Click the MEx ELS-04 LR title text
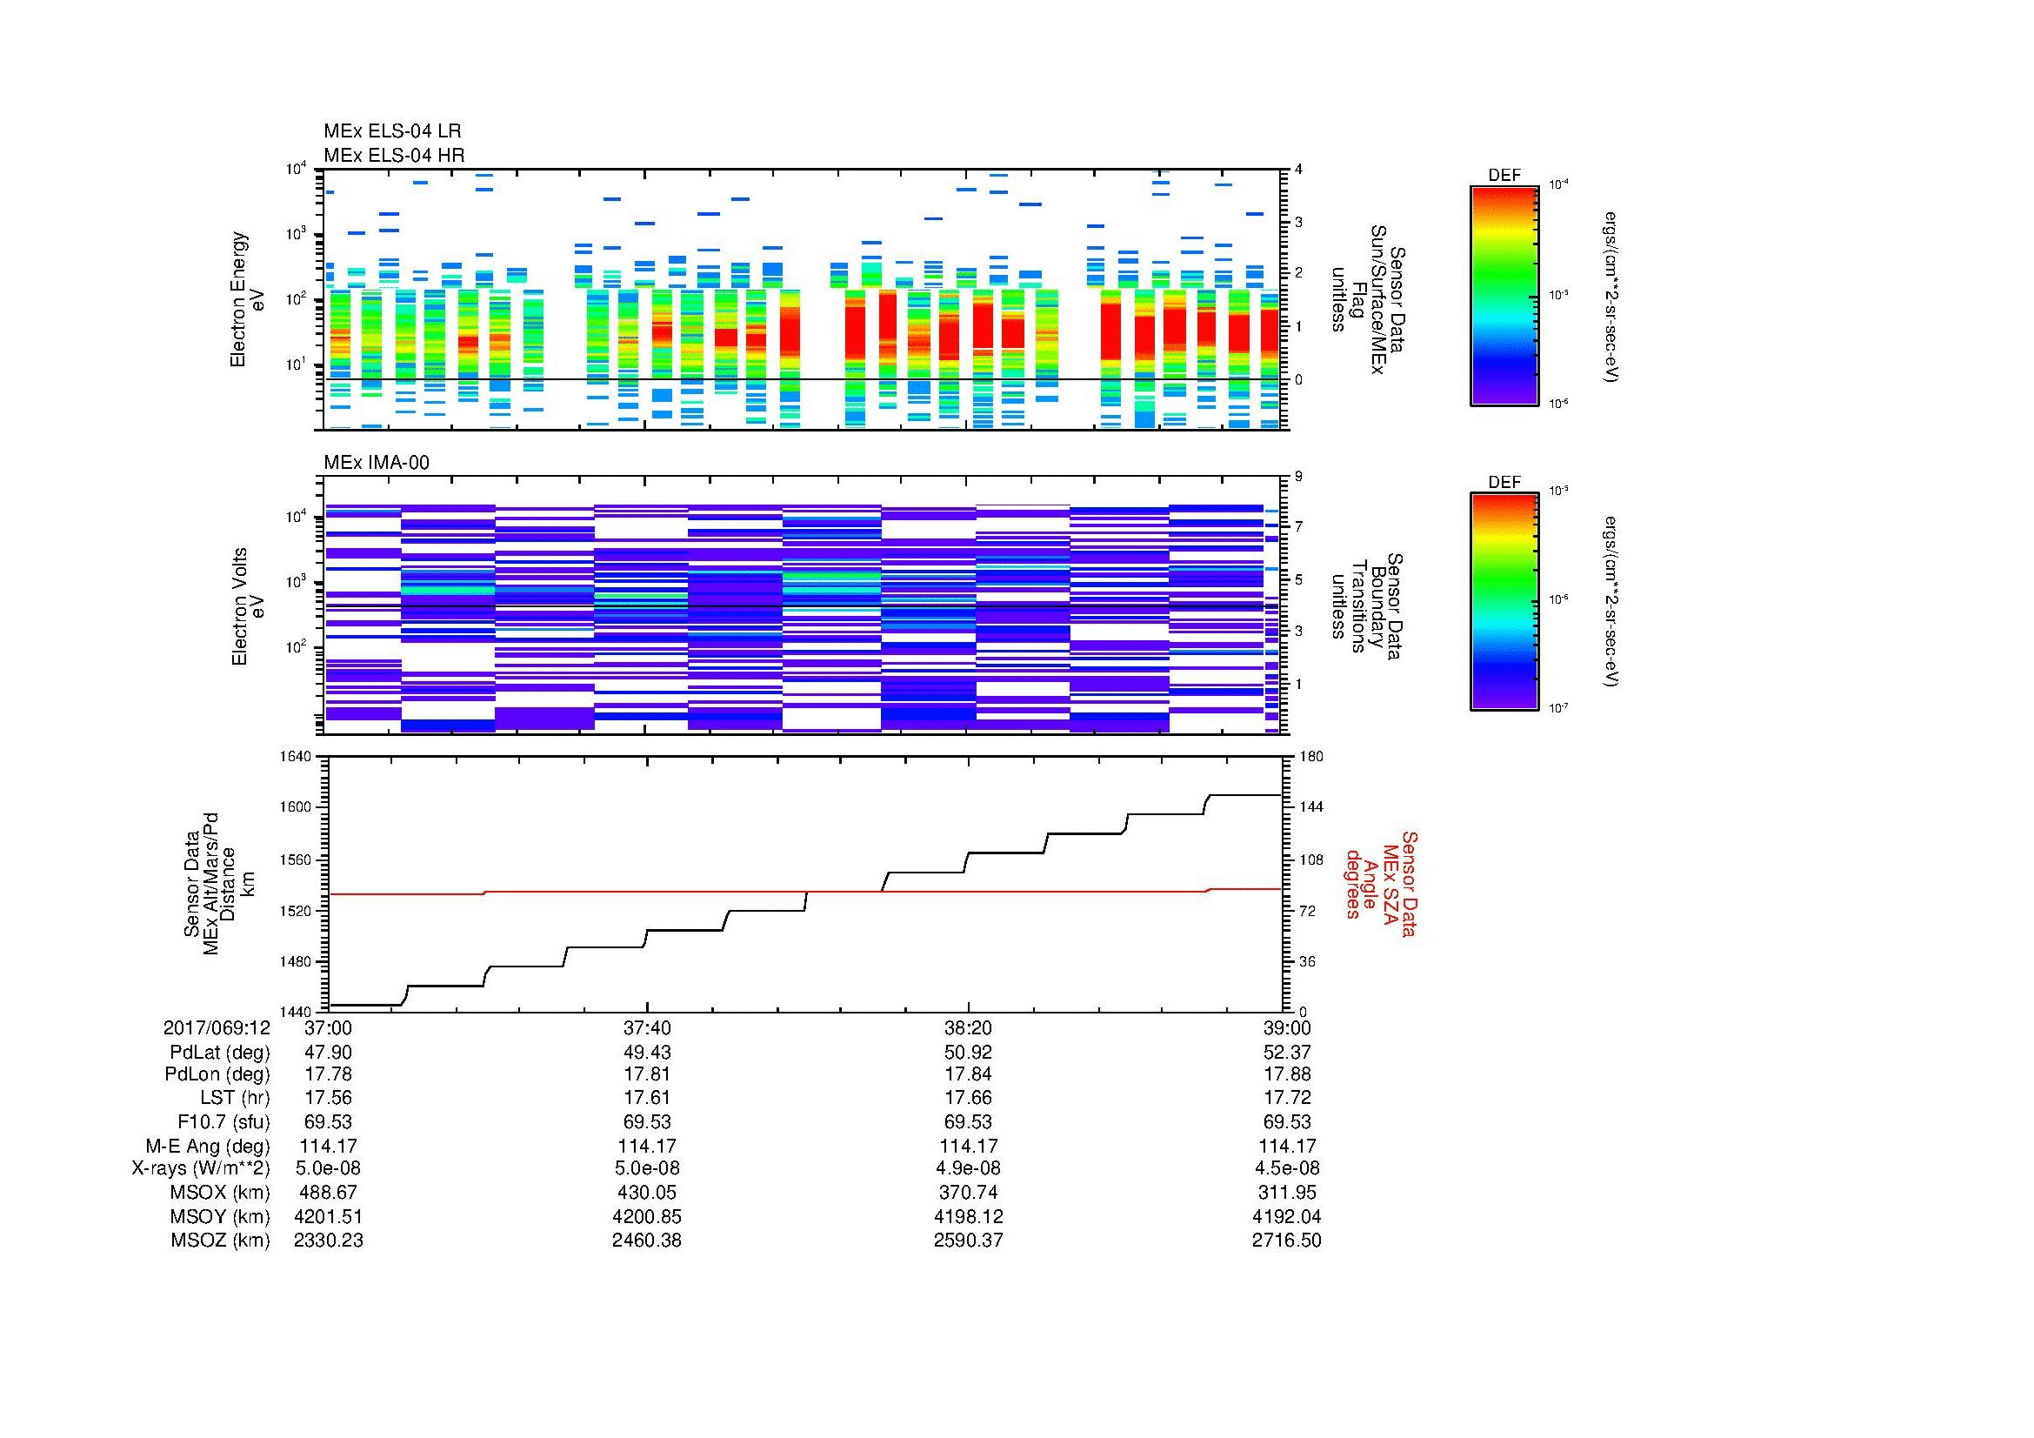(391, 131)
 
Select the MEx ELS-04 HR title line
(393, 155)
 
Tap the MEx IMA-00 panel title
(377, 463)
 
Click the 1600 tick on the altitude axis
(296, 807)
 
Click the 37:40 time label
(647, 1027)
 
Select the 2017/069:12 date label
(217, 1027)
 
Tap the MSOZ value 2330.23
(328, 1241)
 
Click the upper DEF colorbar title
(1504, 176)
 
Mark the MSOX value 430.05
(647, 1193)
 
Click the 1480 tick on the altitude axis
(296, 961)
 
